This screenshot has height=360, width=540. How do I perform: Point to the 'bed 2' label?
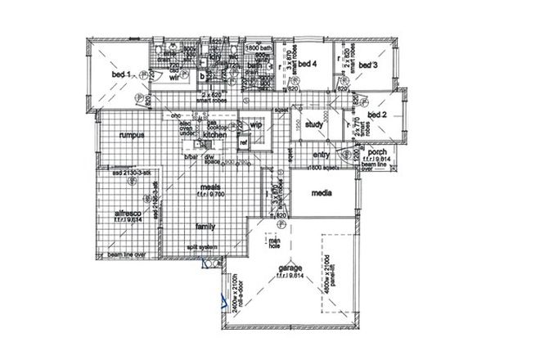pyautogui.click(x=377, y=115)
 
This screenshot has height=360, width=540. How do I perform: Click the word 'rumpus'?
pyautogui.click(x=131, y=134)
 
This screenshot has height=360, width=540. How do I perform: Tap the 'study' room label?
pyautogui.click(x=313, y=125)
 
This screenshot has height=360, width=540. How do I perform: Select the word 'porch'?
pyautogui.click(x=377, y=151)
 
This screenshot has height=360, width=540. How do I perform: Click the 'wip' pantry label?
pyautogui.click(x=255, y=125)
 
